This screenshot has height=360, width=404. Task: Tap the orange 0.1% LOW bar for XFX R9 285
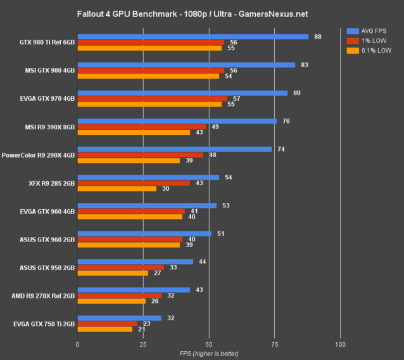117,188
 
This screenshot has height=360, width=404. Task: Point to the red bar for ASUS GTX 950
120,267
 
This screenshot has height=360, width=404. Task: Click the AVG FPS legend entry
373,30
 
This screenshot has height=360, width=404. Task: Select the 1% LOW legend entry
373,41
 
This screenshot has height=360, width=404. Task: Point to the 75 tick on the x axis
274,344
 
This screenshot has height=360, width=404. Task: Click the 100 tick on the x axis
340,344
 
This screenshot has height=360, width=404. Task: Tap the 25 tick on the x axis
143,344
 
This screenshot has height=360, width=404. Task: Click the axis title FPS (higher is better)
209,352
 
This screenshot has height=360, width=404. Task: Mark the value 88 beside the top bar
318,37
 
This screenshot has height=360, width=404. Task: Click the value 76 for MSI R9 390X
286,120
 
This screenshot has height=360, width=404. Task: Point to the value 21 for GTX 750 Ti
142,329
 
